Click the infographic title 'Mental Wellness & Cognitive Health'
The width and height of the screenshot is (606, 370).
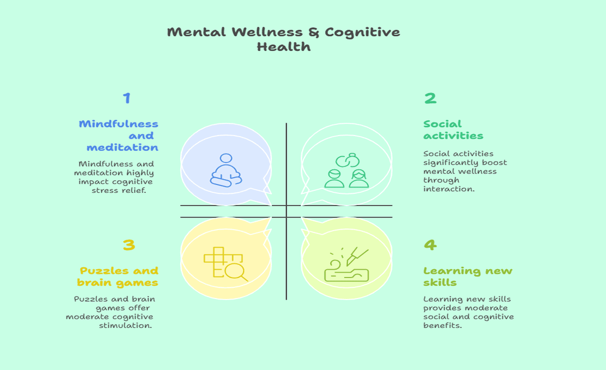point(284,39)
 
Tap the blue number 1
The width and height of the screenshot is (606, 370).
point(127,98)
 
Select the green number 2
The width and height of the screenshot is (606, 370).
point(430,98)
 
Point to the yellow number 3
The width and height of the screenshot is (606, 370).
point(129,245)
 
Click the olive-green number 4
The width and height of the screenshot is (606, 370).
point(430,245)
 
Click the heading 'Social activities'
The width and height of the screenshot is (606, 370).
point(453,130)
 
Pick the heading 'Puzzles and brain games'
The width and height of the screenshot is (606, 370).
point(118,276)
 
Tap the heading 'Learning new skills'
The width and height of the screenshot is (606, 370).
point(468,276)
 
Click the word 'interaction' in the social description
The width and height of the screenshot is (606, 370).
point(449,189)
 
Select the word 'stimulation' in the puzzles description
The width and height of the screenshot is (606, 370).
point(126,325)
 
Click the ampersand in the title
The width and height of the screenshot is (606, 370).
point(314,32)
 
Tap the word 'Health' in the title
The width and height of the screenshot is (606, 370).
point(284,47)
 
